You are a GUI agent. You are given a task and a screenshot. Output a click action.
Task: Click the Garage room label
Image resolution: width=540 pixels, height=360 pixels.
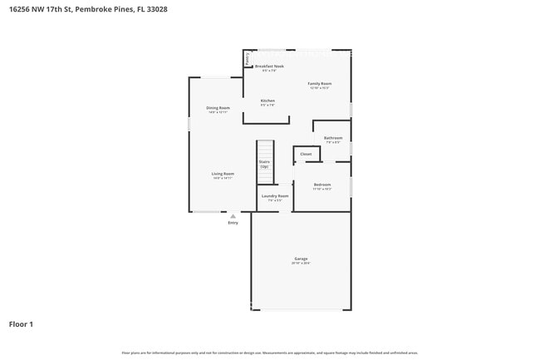[301, 259]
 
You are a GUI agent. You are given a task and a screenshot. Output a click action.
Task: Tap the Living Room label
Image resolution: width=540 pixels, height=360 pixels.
[223, 174]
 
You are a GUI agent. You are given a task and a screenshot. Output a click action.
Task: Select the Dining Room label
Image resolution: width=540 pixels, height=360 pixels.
[218, 108]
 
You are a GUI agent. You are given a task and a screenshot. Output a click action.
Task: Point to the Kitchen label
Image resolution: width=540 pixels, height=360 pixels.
[268, 101]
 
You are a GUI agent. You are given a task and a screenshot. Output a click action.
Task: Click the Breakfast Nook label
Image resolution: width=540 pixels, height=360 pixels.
[269, 66]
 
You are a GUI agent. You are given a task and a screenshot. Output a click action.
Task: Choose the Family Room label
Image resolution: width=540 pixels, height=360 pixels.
[320, 84]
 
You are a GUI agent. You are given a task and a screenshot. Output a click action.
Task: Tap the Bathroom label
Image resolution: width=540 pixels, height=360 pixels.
[333, 138]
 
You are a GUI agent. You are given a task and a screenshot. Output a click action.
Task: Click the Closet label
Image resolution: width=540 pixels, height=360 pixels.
[306, 154]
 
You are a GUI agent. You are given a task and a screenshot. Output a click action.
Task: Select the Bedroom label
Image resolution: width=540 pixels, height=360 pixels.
[322, 185]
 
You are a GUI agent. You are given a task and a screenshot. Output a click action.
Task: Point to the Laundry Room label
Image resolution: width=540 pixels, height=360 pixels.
[275, 196]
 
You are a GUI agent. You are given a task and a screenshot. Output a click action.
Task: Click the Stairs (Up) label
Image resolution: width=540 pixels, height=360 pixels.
[264, 165]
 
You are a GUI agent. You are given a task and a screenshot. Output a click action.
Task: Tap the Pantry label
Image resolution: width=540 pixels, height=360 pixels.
[248, 59]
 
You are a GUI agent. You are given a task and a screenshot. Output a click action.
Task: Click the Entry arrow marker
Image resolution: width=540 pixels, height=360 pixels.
[233, 216]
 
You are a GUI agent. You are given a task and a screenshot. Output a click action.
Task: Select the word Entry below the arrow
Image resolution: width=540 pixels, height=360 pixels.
[233, 223]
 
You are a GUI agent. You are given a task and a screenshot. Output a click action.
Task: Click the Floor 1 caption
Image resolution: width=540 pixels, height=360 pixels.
[22, 323]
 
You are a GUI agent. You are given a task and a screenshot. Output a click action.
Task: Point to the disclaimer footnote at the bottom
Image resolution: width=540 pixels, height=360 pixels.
[270, 353]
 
